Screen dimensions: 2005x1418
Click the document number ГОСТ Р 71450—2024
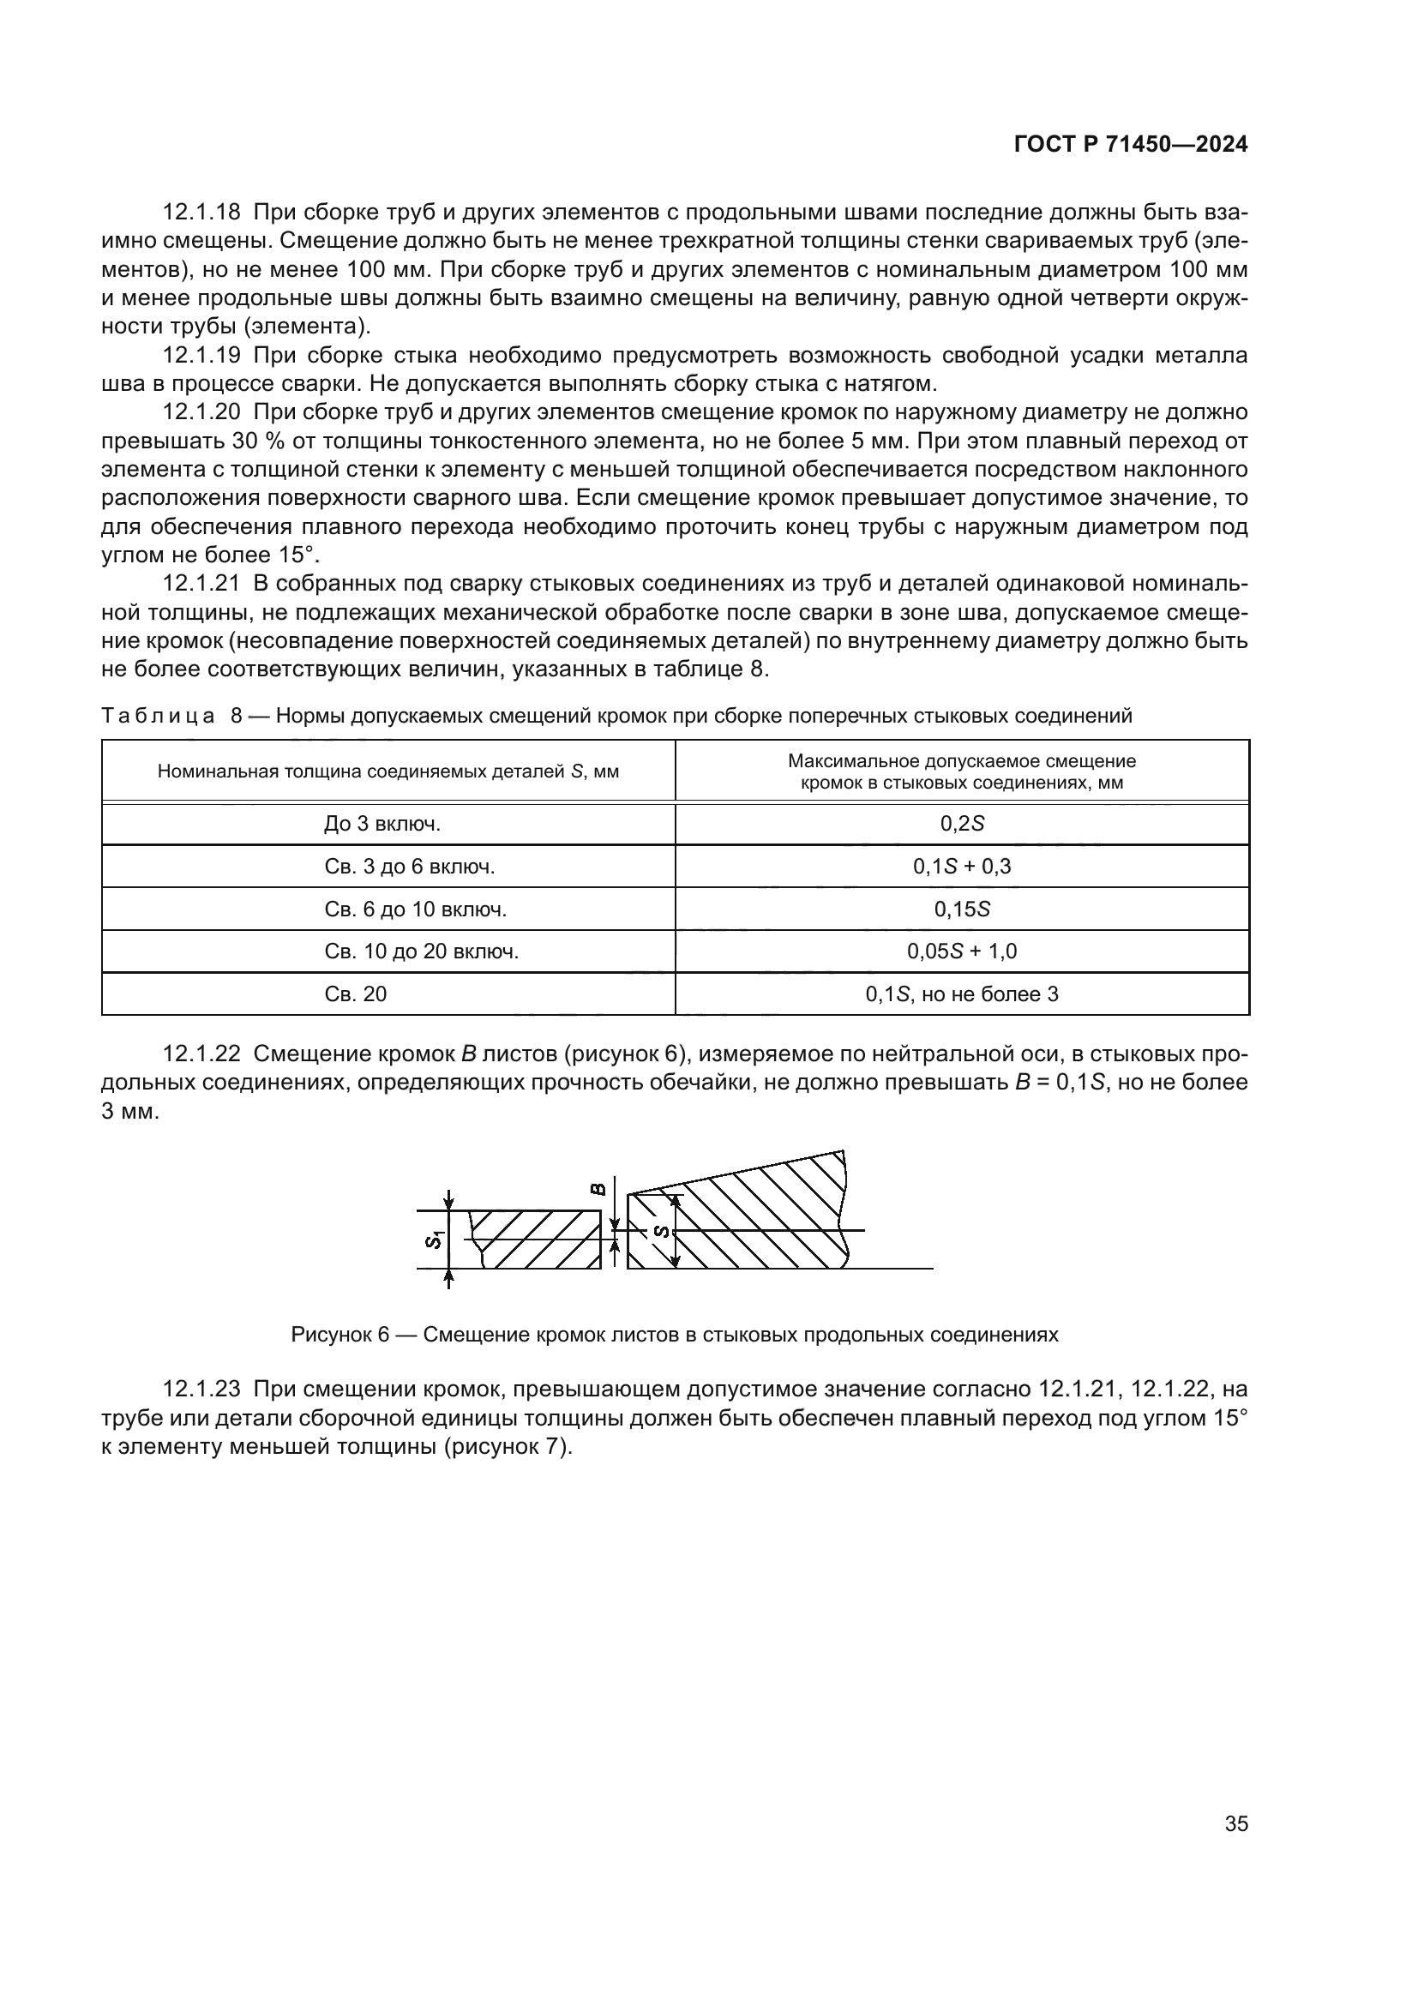tap(1131, 145)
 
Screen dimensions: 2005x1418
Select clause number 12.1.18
tap(201, 213)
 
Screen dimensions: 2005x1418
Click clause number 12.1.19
tap(201, 356)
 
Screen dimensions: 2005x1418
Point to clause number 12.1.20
tap(201, 412)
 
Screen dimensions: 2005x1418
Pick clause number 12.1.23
tap(201, 1389)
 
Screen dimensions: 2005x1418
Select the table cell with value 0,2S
tap(961, 824)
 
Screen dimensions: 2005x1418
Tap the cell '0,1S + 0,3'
tap(961, 867)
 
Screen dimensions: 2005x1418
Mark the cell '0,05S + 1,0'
tap(961, 951)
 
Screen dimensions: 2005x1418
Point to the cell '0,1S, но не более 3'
tap(961, 993)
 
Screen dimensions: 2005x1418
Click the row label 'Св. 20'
tap(356, 993)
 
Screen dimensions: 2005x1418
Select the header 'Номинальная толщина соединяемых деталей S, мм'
tap(388, 772)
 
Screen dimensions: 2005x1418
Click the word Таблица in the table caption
tap(158, 716)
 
